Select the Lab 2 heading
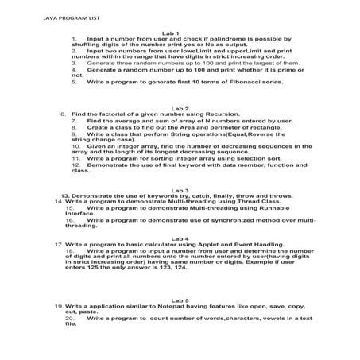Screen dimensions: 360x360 pos(180,106)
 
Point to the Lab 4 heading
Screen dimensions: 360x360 pos(180,238)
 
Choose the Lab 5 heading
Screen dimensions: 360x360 pos(180,299)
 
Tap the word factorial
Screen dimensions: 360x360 pos(109,114)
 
